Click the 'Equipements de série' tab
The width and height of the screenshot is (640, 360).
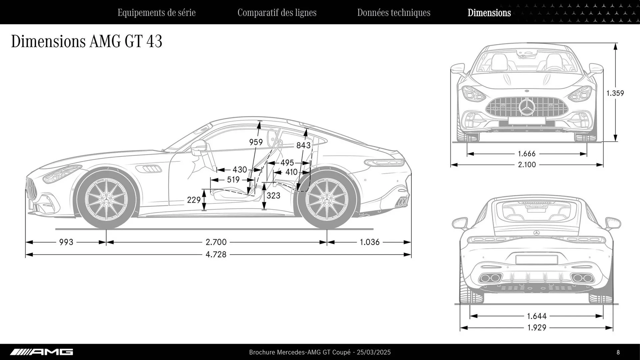click(156, 13)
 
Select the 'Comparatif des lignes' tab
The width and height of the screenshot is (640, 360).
click(277, 13)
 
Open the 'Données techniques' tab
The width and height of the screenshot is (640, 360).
click(394, 13)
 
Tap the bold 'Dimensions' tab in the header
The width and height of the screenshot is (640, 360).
click(489, 13)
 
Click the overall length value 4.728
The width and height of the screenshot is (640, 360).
click(216, 255)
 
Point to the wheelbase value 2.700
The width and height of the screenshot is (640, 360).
click(216, 242)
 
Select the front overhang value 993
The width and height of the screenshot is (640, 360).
click(66, 242)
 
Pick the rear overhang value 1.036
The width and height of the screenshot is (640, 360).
click(370, 242)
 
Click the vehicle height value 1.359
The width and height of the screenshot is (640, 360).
click(615, 93)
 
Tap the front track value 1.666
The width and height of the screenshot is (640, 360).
click(527, 154)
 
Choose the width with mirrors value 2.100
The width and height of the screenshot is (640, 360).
click(527, 165)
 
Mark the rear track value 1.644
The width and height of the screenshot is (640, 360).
click(537, 316)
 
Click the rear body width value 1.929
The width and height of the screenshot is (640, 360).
click(537, 328)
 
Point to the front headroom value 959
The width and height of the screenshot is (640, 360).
click(256, 142)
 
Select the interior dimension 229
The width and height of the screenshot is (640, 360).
click(194, 200)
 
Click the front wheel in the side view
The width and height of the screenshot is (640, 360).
click(106, 199)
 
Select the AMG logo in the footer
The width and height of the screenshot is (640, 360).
click(42, 352)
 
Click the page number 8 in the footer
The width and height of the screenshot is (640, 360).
click(618, 352)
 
